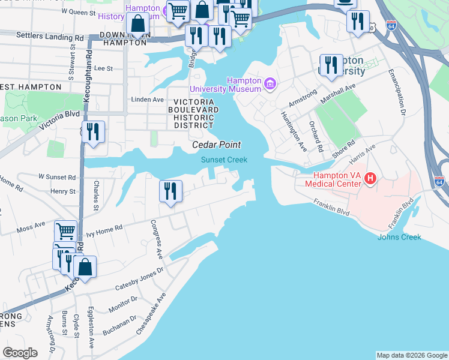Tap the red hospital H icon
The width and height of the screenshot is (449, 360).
click(370, 178)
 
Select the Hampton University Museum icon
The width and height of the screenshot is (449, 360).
click(270, 82)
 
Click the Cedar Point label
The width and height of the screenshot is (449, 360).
click(216, 145)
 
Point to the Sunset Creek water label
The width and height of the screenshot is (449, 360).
click(224, 159)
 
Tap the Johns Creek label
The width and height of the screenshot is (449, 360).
click(399, 237)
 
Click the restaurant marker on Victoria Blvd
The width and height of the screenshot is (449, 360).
click(93, 131)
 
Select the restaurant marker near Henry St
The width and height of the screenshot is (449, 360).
click(170, 191)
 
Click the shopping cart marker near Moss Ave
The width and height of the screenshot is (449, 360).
click(65, 231)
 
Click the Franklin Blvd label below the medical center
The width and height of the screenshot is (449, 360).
click(330, 208)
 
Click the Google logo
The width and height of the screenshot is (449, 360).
click(20, 353)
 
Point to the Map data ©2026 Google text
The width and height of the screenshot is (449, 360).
click(411, 355)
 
